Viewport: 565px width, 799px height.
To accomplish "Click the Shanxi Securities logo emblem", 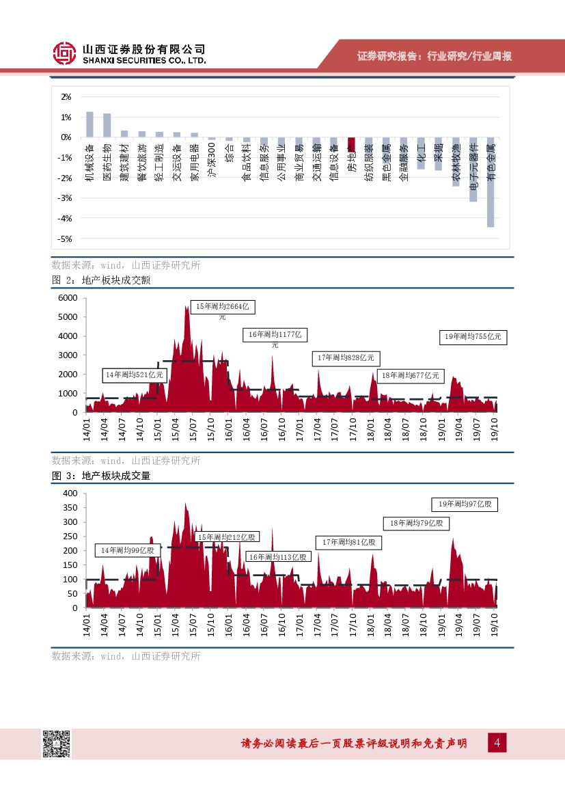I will [66, 53].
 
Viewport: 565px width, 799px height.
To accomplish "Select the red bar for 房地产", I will [351, 144].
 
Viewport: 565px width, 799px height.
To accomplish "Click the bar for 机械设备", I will [89, 124].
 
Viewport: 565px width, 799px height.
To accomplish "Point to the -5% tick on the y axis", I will [66, 239].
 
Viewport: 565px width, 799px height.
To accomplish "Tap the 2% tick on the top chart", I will [66, 97].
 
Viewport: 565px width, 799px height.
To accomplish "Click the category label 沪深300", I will [212, 162].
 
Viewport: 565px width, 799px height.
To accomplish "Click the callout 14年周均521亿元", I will [134, 375].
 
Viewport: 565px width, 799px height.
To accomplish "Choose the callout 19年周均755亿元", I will [473, 336].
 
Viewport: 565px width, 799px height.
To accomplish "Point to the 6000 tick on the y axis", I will [68, 298].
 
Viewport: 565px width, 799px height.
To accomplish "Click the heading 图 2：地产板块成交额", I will [100, 280].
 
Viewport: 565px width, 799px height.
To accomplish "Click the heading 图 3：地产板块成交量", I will [100, 476].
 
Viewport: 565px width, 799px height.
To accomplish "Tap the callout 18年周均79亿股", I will [416, 523].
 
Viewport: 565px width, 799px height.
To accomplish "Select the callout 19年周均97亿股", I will [465, 504].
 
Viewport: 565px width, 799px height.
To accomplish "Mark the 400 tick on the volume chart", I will [70, 493].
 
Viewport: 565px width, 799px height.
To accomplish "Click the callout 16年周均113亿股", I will [277, 557].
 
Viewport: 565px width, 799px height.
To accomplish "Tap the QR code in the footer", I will [57, 744].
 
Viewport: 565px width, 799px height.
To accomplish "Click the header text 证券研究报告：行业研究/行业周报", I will [435, 56].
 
